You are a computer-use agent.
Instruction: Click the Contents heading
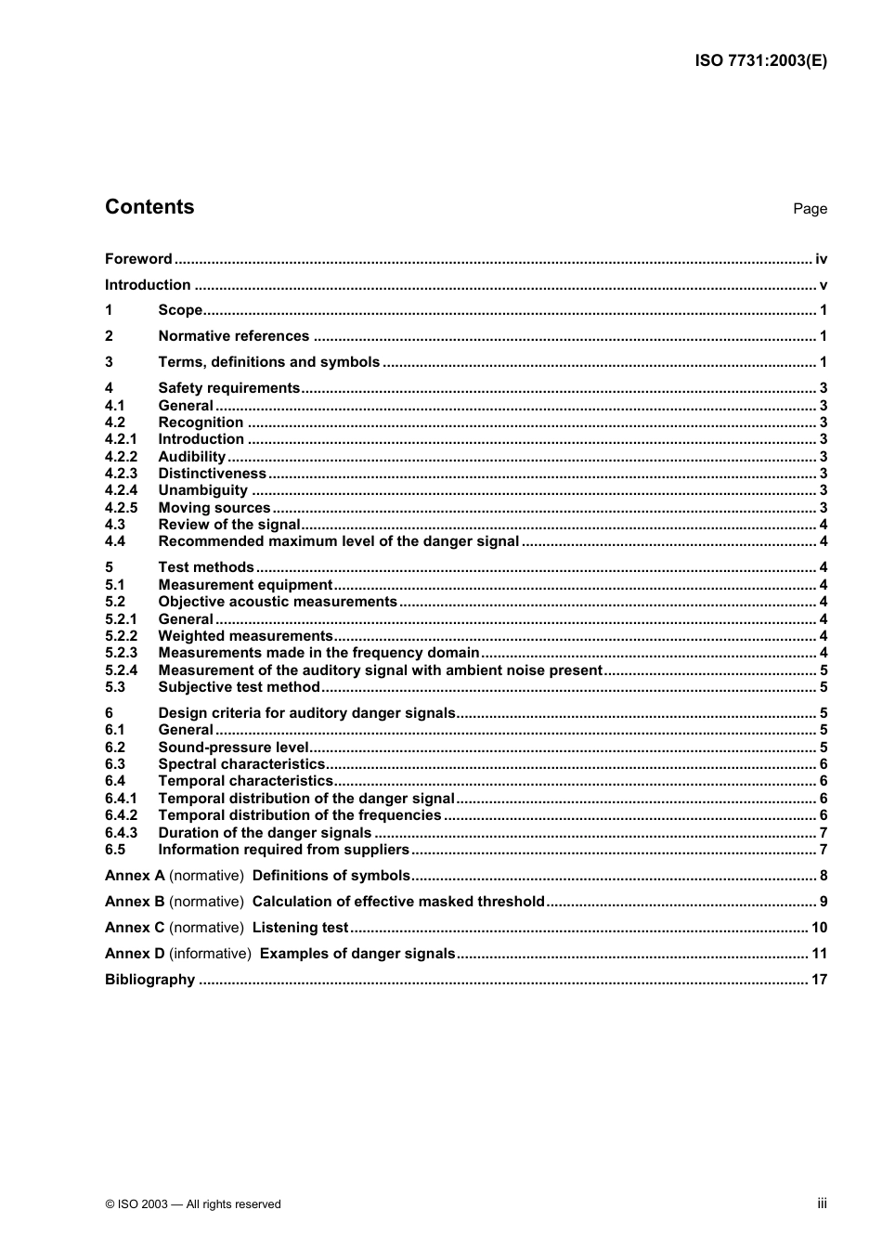[149, 207]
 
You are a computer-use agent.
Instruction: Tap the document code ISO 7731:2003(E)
[760, 61]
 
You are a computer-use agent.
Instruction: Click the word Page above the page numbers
[810, 209]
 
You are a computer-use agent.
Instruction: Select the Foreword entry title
[138, 259]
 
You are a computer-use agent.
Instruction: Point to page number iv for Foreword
[821, 259]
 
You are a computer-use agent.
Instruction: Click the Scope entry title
[180, 310]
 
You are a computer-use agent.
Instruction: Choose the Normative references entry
[233, 336]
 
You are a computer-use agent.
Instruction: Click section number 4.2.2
[121, 457]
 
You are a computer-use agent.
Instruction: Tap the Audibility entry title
[192, 457]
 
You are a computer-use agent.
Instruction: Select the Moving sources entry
[214, 508]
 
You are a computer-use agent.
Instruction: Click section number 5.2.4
[121, 670]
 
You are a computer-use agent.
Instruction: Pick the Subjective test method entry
[239, 687]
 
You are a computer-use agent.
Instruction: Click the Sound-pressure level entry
[233, 748]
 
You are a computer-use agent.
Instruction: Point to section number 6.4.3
[121, 833]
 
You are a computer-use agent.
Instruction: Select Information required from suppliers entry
[283, 850]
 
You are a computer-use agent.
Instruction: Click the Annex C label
[135, 928]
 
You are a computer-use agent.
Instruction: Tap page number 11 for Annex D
[819, 954]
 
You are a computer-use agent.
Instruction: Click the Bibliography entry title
[149, 980]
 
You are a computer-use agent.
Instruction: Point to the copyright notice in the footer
[193, 1204]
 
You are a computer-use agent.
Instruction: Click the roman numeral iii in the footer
[822, 1203]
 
